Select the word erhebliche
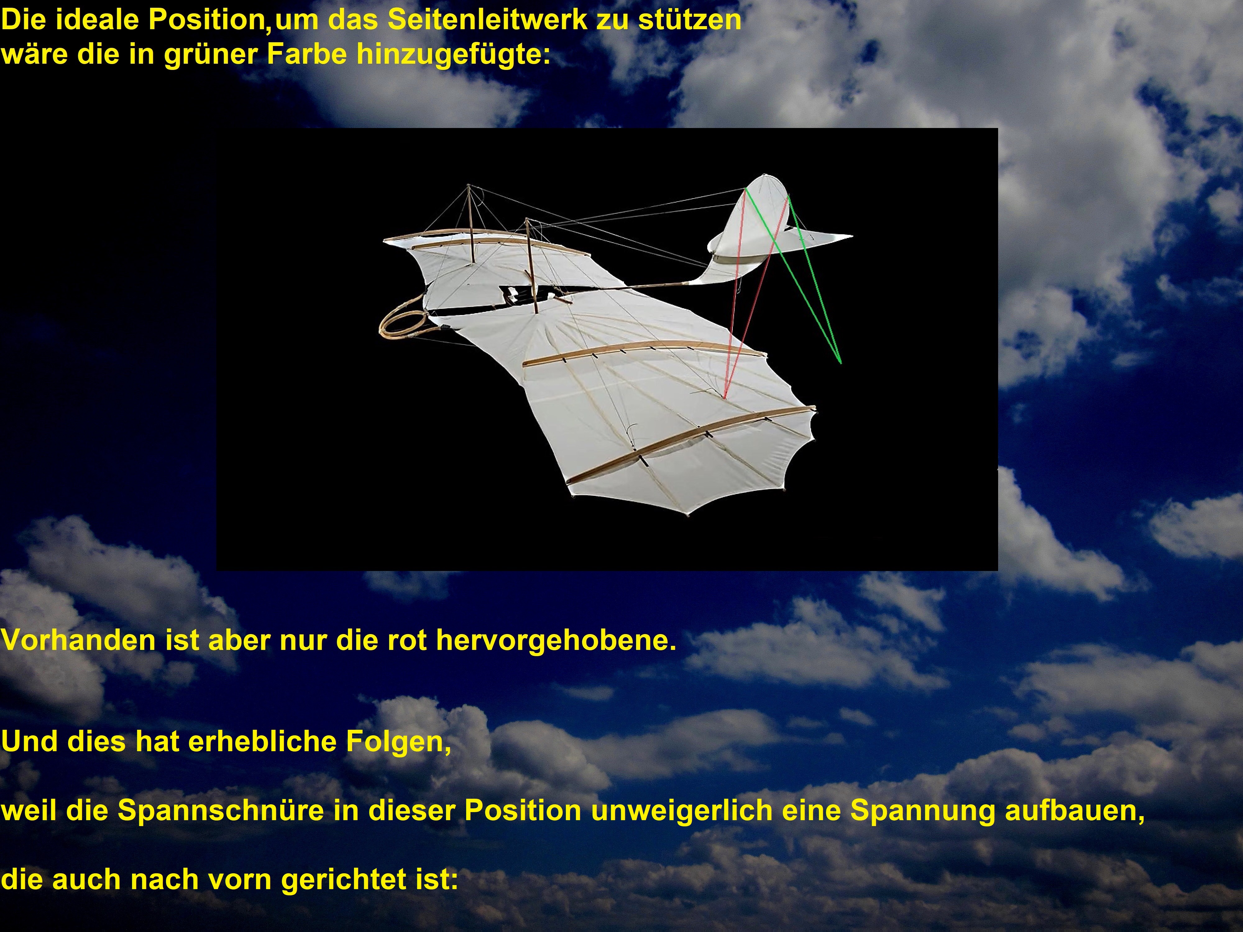tap(261, 742)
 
